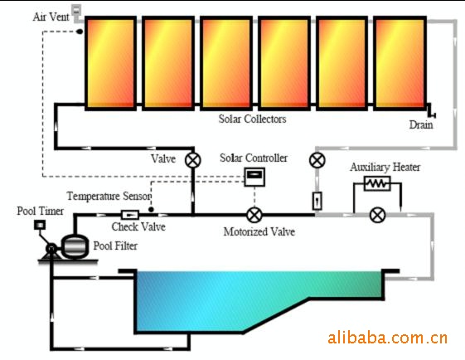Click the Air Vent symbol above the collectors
pos(76,10)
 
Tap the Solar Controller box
pos(254,178)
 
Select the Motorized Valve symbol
pos(254,215)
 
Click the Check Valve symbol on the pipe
pos(130,215)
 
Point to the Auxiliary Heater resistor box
pos(377,183)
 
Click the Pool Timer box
pos(40,225)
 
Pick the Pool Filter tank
pos(75,246)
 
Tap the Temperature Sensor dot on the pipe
pos(151,210)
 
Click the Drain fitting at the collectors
pos(431,110)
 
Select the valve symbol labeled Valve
pos(193,160)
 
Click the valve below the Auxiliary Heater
pos(377,215)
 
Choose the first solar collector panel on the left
pos(110,64)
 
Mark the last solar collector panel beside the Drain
pos(400,64)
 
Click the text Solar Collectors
pos(252,119)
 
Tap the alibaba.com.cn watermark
pos(388,338)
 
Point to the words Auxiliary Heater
pos(385,167)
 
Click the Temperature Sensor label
pos(109,196)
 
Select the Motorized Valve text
pos(259,231)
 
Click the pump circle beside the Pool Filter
pos(51,249)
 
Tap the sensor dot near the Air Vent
pos(80,32)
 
